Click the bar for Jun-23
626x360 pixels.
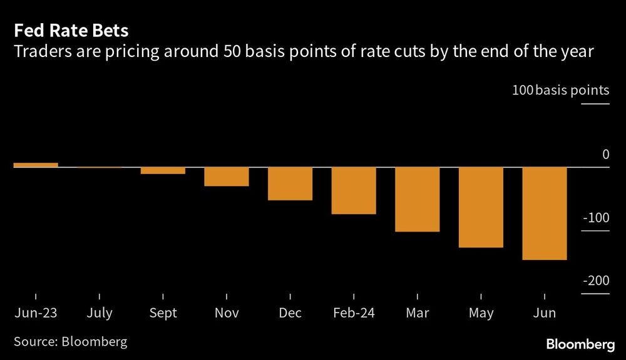pyautogui.click(x=36, y=165)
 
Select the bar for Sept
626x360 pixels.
pyautogui.click(x=163, y=170)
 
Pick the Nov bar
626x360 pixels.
pyautogui.click(x=226, y=177)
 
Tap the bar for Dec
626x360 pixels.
pyautogui.click(x=290, y=183)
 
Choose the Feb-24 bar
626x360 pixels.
pyautogui.click(x=354, y=190)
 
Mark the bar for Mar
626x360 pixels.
pyautogui.click(x=417, y=199)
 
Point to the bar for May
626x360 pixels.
pyautogui.click(x=481, y=207)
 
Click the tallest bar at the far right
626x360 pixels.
pyautogui.click(x=545, y=213)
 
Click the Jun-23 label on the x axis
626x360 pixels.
pyautogui.click(x=36, y=313)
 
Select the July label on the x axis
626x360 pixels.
pyautogui.click(x=100, y=313)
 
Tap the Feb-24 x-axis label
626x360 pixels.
pyautogui.click(x=354, y=313)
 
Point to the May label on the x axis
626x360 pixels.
pyautogui.click(x=481, y=313)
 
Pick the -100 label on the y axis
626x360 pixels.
pyautogui.click(x=595, y=218)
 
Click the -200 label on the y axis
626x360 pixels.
pyautogui.click(x=595, y=281)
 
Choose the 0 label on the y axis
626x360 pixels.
pyautogui.click(x=605, y=154)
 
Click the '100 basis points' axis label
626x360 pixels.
pyautogui.click(x=560, y=90)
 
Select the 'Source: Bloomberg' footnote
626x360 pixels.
pyautogui.click(x=69, y=342)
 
